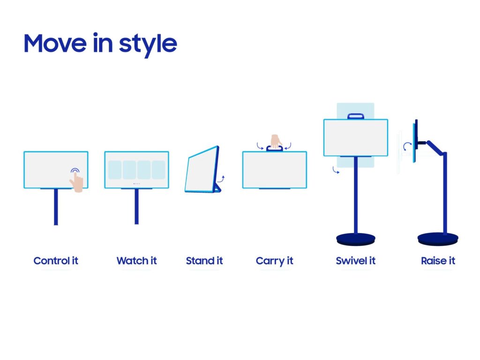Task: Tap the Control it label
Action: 56,261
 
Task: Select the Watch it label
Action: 136,261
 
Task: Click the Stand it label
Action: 204,261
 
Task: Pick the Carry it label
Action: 274,261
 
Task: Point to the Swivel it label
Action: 355,261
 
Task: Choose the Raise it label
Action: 438,261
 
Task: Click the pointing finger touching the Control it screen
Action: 77,180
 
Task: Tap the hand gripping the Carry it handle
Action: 275,140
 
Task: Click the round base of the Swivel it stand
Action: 355,239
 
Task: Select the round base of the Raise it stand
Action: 438,239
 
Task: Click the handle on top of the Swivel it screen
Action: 356,116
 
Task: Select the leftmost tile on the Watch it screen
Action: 115,170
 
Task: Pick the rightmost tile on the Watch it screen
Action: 158,170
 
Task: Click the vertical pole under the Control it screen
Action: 56,207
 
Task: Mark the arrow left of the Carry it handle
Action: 260,146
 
